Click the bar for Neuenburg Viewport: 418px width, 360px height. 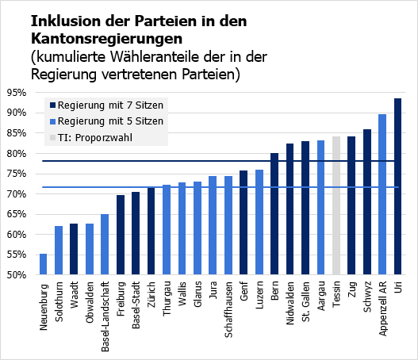pyautogui.click(x=43, y=265)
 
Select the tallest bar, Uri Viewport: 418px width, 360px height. pyautogui.click(x=397, y=187)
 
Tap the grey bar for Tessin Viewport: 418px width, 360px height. pyautogui.click(x=336, y=206)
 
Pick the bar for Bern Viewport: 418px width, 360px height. pyautogui.click(x=274, y=214)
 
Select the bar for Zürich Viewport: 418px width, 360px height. pyautogui.click(x=151, y=232)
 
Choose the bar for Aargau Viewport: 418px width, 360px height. pyautogui.click(x=320, y=208)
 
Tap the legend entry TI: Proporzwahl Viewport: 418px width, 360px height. pyautogui.click(x=94, y=138)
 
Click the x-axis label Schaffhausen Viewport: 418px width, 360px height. pyautogui.click(x=228, y=306)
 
